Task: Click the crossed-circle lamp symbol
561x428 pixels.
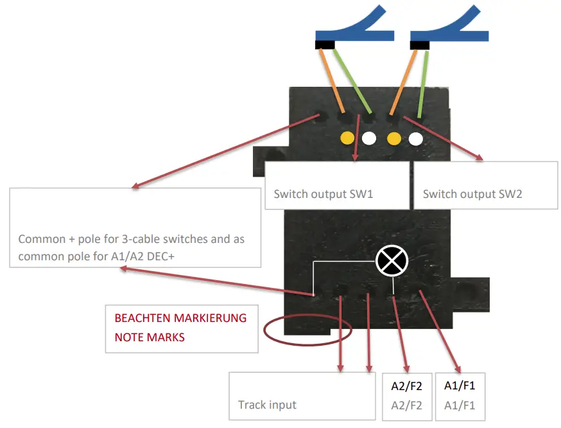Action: [x=392, y=260]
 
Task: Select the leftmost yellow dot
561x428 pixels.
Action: [x=347, y=138]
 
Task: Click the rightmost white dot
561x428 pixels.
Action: [x=415, y=138]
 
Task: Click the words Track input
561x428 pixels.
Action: [x=267, y=405]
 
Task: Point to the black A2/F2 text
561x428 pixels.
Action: [x=407, y=387]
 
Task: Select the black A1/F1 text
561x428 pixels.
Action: [x=460, y=386]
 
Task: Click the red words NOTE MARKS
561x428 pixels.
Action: [x=150, y=337]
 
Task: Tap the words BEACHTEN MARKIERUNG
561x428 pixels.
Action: [x=180, y=318]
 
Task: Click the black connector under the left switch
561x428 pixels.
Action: [x=325, y=45]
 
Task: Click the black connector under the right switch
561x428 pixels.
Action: [x=420, y=45]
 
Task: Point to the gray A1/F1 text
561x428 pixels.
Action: [x=460, y=406]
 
